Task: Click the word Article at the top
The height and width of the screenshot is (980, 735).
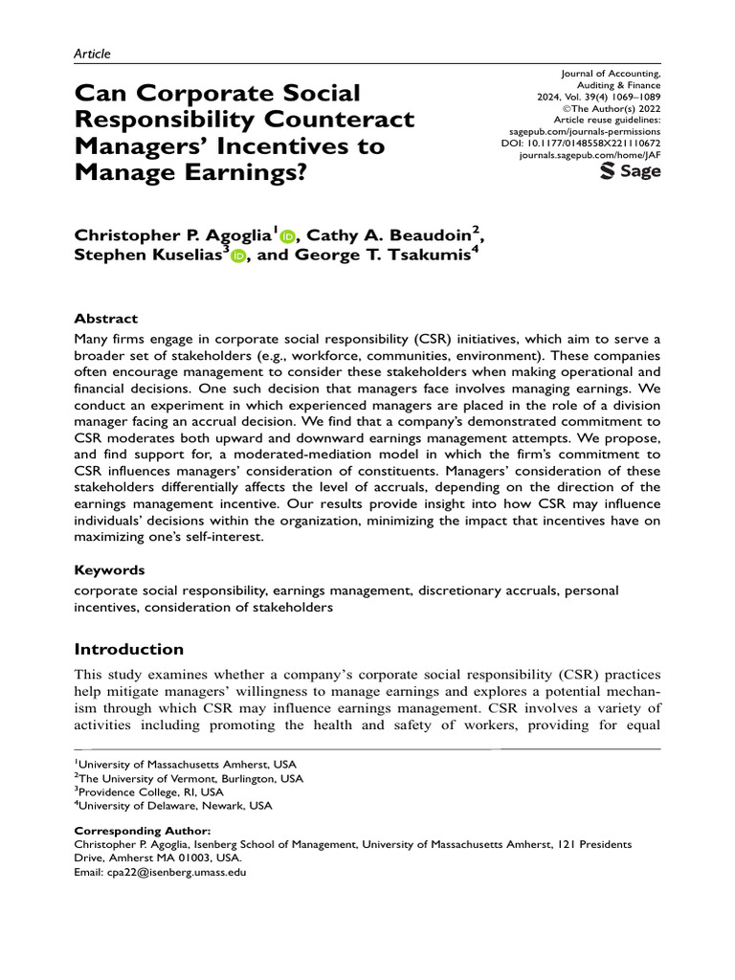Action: tap(92, 54)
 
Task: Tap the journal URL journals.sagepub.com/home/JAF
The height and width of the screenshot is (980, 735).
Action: tap(590, 151)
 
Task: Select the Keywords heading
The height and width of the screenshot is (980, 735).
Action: tap(109, 569)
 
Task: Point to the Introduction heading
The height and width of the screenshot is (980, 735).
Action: tap(128, 649)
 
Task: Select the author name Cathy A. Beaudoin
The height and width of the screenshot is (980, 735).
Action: tap(405, 234)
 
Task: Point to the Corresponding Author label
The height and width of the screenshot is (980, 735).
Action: tap(142, 831)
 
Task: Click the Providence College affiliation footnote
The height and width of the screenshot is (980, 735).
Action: tap(150, 792)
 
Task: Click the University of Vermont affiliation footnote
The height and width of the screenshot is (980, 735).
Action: tap(190, 778)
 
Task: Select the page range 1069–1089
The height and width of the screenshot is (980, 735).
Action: tap(630, 98)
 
